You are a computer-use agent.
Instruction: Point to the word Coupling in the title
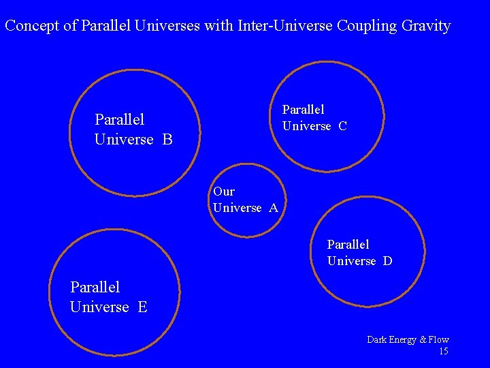(365, 27)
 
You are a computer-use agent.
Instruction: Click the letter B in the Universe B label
(167, 140)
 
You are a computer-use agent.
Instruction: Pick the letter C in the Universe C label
(342, 126)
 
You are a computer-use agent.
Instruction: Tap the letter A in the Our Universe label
(274, 208)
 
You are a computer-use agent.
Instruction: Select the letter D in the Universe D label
(387, 261)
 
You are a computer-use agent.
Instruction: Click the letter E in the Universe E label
(142, 307)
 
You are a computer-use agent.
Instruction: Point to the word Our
(224, 191)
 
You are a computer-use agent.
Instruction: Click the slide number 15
(443, 352)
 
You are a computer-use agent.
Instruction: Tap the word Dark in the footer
(378, 339)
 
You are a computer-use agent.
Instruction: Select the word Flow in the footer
(438, 339)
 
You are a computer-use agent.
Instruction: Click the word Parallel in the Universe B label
(120, 120)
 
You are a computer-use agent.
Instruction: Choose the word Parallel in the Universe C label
(304, 109)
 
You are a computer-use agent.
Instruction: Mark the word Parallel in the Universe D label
(348, 244)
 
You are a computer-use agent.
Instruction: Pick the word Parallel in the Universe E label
(95, 288)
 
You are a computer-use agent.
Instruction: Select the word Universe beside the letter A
(238, 208)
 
